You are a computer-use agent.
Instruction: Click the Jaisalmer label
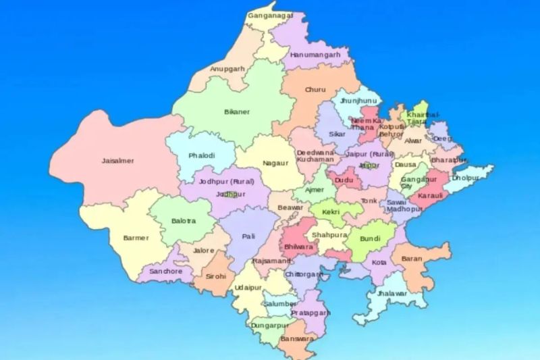click(x=117, y=161)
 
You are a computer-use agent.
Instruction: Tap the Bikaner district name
click(x=237, y=112)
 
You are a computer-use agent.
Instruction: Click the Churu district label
click(x=315, y=90)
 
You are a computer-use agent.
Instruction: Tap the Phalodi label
click(x=202, y=155)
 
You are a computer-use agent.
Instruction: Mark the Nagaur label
click(x=275, y=163)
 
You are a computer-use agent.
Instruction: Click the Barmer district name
click(x=136, y=238)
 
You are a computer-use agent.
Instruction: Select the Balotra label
click(x=184, y=220)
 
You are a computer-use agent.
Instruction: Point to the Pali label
click(x=248, y=236)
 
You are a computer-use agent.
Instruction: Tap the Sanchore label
click(x=166, y=272)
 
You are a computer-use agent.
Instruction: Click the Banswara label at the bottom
click(x=295, y=338)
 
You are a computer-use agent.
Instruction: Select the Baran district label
click(x=411, y=259)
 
